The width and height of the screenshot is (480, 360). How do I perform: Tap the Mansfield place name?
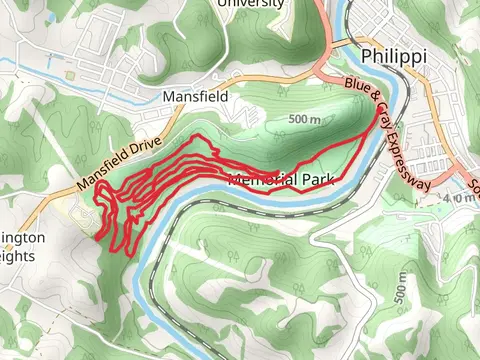[x=196, y=97]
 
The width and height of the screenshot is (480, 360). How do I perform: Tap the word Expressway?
[x=411, y=156]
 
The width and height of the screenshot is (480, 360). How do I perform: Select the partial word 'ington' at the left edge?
[x=23, y=239]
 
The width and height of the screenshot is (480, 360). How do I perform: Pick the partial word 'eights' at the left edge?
[x=19, y=256]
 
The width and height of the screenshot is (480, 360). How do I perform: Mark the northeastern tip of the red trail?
[x=379, y=112]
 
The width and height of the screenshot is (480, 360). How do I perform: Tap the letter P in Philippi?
[x=368, y=56]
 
